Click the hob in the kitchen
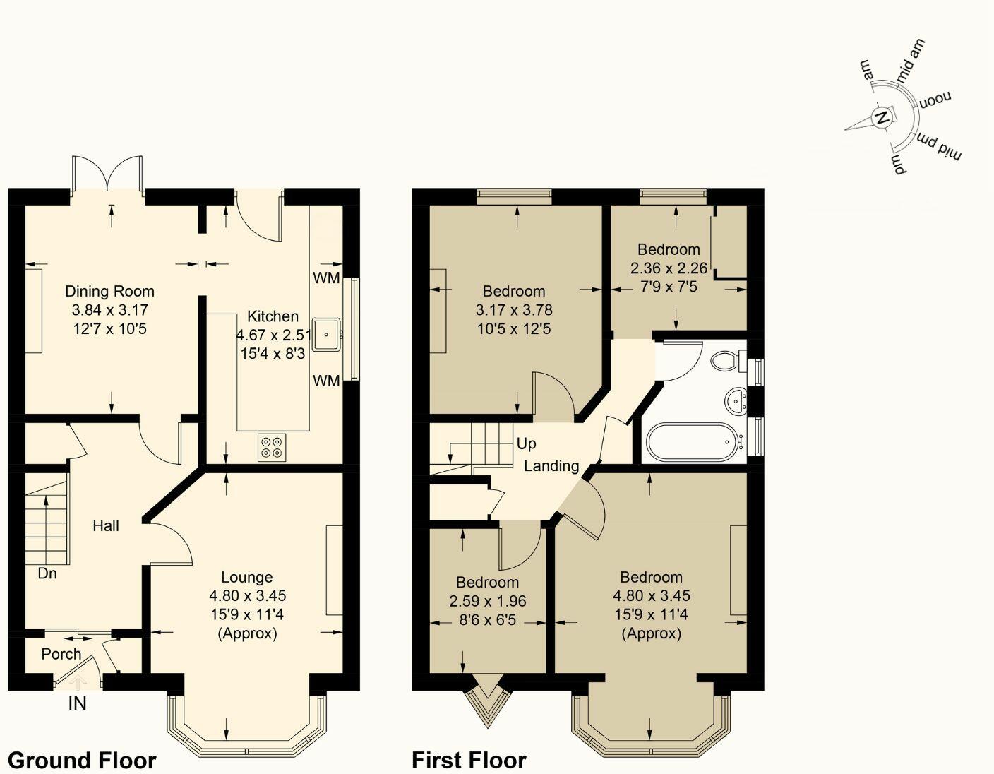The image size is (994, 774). pos(272,448)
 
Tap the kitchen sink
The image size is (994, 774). pos(327,335)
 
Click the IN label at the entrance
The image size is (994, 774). pos(78,703)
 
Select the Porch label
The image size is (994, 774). pos(61,654)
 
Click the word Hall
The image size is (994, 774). pos(106,525)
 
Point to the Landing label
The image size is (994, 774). pos(551,466)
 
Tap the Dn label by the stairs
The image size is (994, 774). pos(47,573)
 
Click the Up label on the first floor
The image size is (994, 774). pos(527,443)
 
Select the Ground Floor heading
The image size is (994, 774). pos(83,761)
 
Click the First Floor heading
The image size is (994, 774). pos(469,761)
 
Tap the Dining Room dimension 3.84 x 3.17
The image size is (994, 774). pos(110,310)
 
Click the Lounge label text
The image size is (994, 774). pos(247,577)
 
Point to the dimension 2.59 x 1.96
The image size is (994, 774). pos(488,601)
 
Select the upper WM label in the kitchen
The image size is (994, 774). pos(327,278)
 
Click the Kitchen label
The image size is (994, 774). pos(273,316)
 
